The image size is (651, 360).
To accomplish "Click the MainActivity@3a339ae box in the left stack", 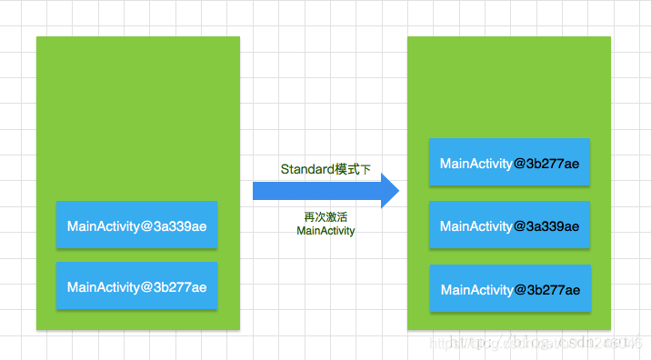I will click(136, 225).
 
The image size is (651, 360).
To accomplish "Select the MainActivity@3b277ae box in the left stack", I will click(136, 286).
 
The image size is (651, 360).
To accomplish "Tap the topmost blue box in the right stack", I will click(510, 164).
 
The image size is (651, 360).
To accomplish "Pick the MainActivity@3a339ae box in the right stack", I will click(510, 226).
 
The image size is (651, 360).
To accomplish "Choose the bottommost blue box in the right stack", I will click(510, 290).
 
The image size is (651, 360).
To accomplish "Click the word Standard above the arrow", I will click(307, 169).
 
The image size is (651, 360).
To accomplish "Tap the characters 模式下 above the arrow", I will click(353, 169).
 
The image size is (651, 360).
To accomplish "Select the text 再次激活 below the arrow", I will click(325, 217).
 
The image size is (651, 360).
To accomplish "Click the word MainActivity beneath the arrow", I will click(325, 231).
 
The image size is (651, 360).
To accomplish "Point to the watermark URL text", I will click(536, 343).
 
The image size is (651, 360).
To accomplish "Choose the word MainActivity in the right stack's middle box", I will click(476, 226).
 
